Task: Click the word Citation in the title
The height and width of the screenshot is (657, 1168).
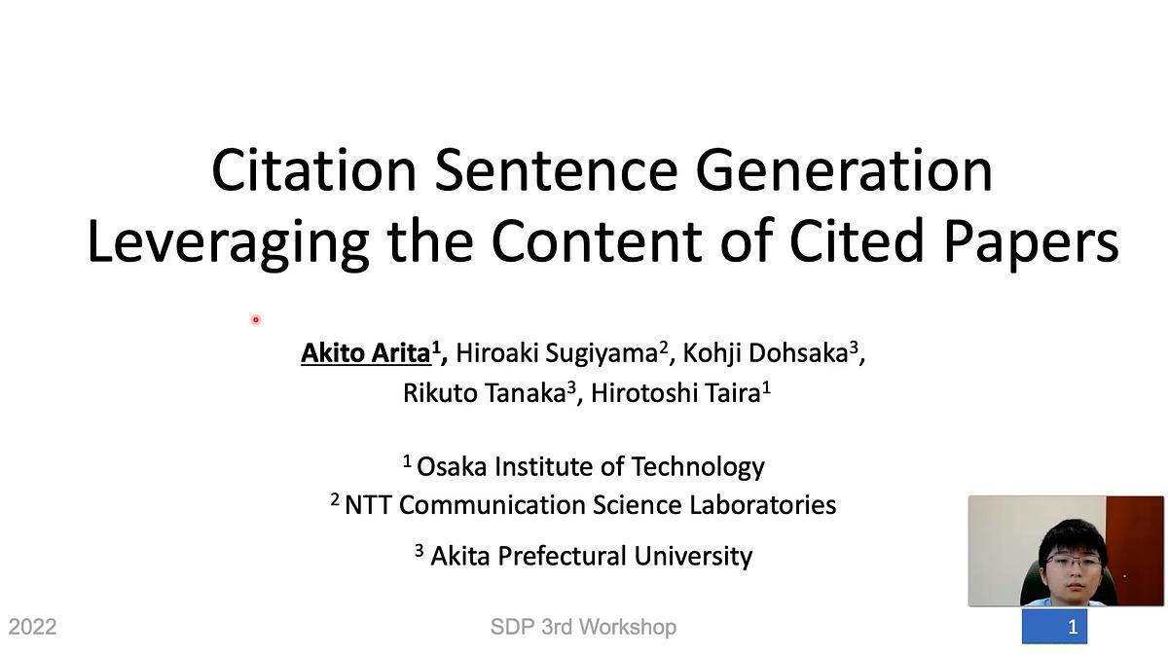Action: (x=313, y=170)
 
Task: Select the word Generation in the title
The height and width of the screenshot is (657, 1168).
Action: (x=844, y=170)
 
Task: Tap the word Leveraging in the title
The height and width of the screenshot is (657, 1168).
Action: (x=229, y=242)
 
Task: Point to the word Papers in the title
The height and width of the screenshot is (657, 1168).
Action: (x=1032, y=242)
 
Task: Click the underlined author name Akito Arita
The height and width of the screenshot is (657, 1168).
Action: (x=366, y=353)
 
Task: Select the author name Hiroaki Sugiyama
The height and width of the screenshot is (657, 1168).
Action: (x=557, y=353)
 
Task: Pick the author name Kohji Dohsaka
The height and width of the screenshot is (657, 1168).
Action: (x=765, y=353)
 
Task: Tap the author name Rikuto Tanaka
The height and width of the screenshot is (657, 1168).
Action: (x=485, y=392)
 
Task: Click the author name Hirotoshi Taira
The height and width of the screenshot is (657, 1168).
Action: (x=675, y=392)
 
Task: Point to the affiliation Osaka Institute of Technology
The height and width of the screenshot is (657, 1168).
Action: (x=591, y=466)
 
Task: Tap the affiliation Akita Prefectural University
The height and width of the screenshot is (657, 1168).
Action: (x=592, y=556)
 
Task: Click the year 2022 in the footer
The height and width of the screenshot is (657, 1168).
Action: (x=32, y=627)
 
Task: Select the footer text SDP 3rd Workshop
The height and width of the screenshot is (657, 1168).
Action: (x=583, y=627)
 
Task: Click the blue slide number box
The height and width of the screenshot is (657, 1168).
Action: (x=1054, y=626)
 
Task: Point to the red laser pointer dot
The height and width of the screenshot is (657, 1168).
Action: (x=255, y=319)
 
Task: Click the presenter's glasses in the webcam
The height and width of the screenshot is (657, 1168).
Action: (x=1074, y=562)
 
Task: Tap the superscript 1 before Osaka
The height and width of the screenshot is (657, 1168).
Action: (x=407, y=461)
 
